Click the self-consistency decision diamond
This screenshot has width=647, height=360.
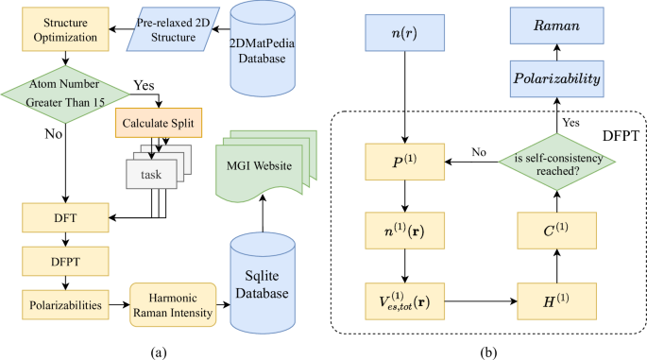[553, 163]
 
